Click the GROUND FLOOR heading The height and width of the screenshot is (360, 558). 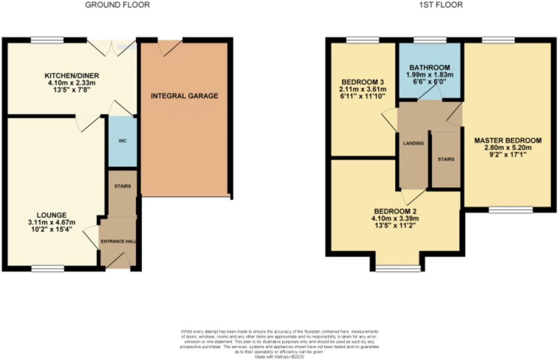coord(117,5)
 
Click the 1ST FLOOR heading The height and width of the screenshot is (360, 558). coord(441,5)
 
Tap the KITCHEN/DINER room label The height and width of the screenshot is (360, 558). coord(72,76)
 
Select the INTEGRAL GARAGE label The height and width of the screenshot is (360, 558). coord(184,96)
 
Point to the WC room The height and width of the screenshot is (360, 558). coord(123,141)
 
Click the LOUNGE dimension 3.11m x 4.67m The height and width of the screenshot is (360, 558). coord(51,222)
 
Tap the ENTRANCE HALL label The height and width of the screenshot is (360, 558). coord(118,241)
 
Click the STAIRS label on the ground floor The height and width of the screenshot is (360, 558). coord(123,186)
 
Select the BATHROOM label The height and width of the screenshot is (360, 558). coord(430,67)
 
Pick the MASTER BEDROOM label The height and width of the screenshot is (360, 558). coord(508,141)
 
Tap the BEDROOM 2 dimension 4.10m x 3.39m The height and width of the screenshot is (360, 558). coord(395,218)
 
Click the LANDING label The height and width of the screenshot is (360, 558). coord(413,143)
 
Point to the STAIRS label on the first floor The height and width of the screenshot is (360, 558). coord(446,159)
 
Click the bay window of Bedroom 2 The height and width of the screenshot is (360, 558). coord(398,269)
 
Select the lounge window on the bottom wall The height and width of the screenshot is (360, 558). coord(48,269)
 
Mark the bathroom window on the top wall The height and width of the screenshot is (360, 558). coord(430,40)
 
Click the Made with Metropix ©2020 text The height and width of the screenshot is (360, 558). coord(279,357)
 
